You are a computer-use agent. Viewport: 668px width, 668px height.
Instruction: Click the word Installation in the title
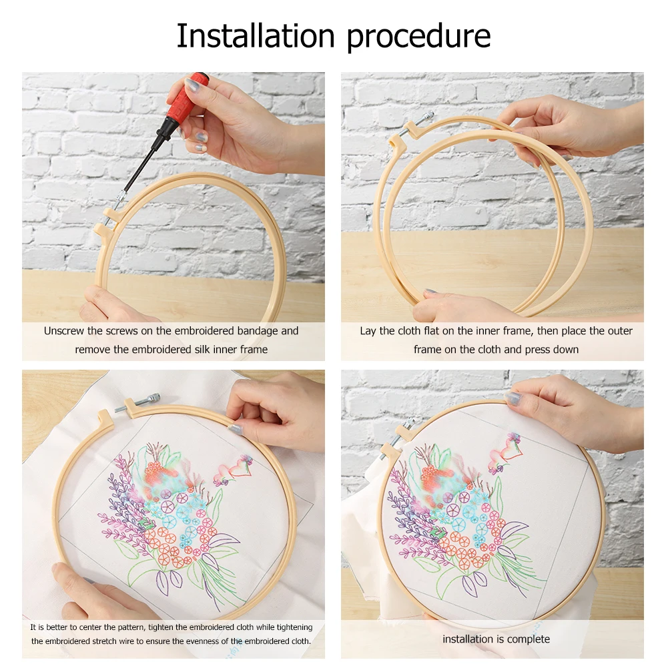258,36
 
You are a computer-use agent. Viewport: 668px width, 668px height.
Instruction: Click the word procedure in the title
419,37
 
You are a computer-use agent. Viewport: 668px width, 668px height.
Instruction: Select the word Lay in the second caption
368,331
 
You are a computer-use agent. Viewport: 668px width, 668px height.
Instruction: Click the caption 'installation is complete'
496,639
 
